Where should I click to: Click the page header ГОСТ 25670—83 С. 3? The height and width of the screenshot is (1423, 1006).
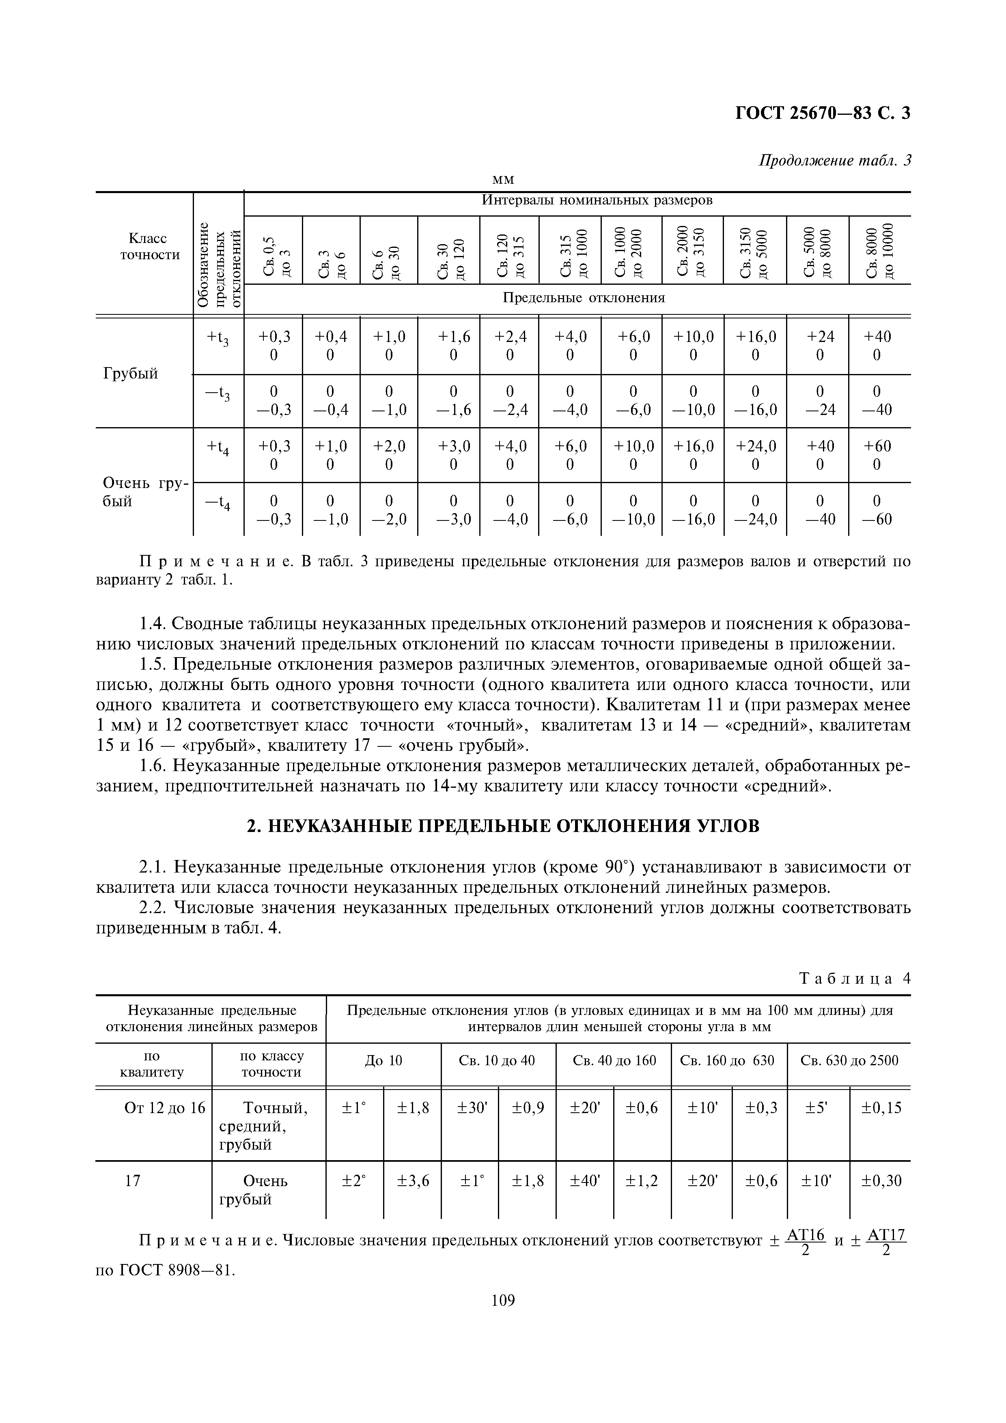tap(822, 114)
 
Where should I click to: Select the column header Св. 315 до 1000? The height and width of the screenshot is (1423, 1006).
tap(570, 250)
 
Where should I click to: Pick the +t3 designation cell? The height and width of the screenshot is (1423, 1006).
tap(218, 338)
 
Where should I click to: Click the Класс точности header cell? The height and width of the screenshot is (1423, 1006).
tap(143, 247)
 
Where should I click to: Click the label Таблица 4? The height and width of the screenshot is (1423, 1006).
tap(855, 979)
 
